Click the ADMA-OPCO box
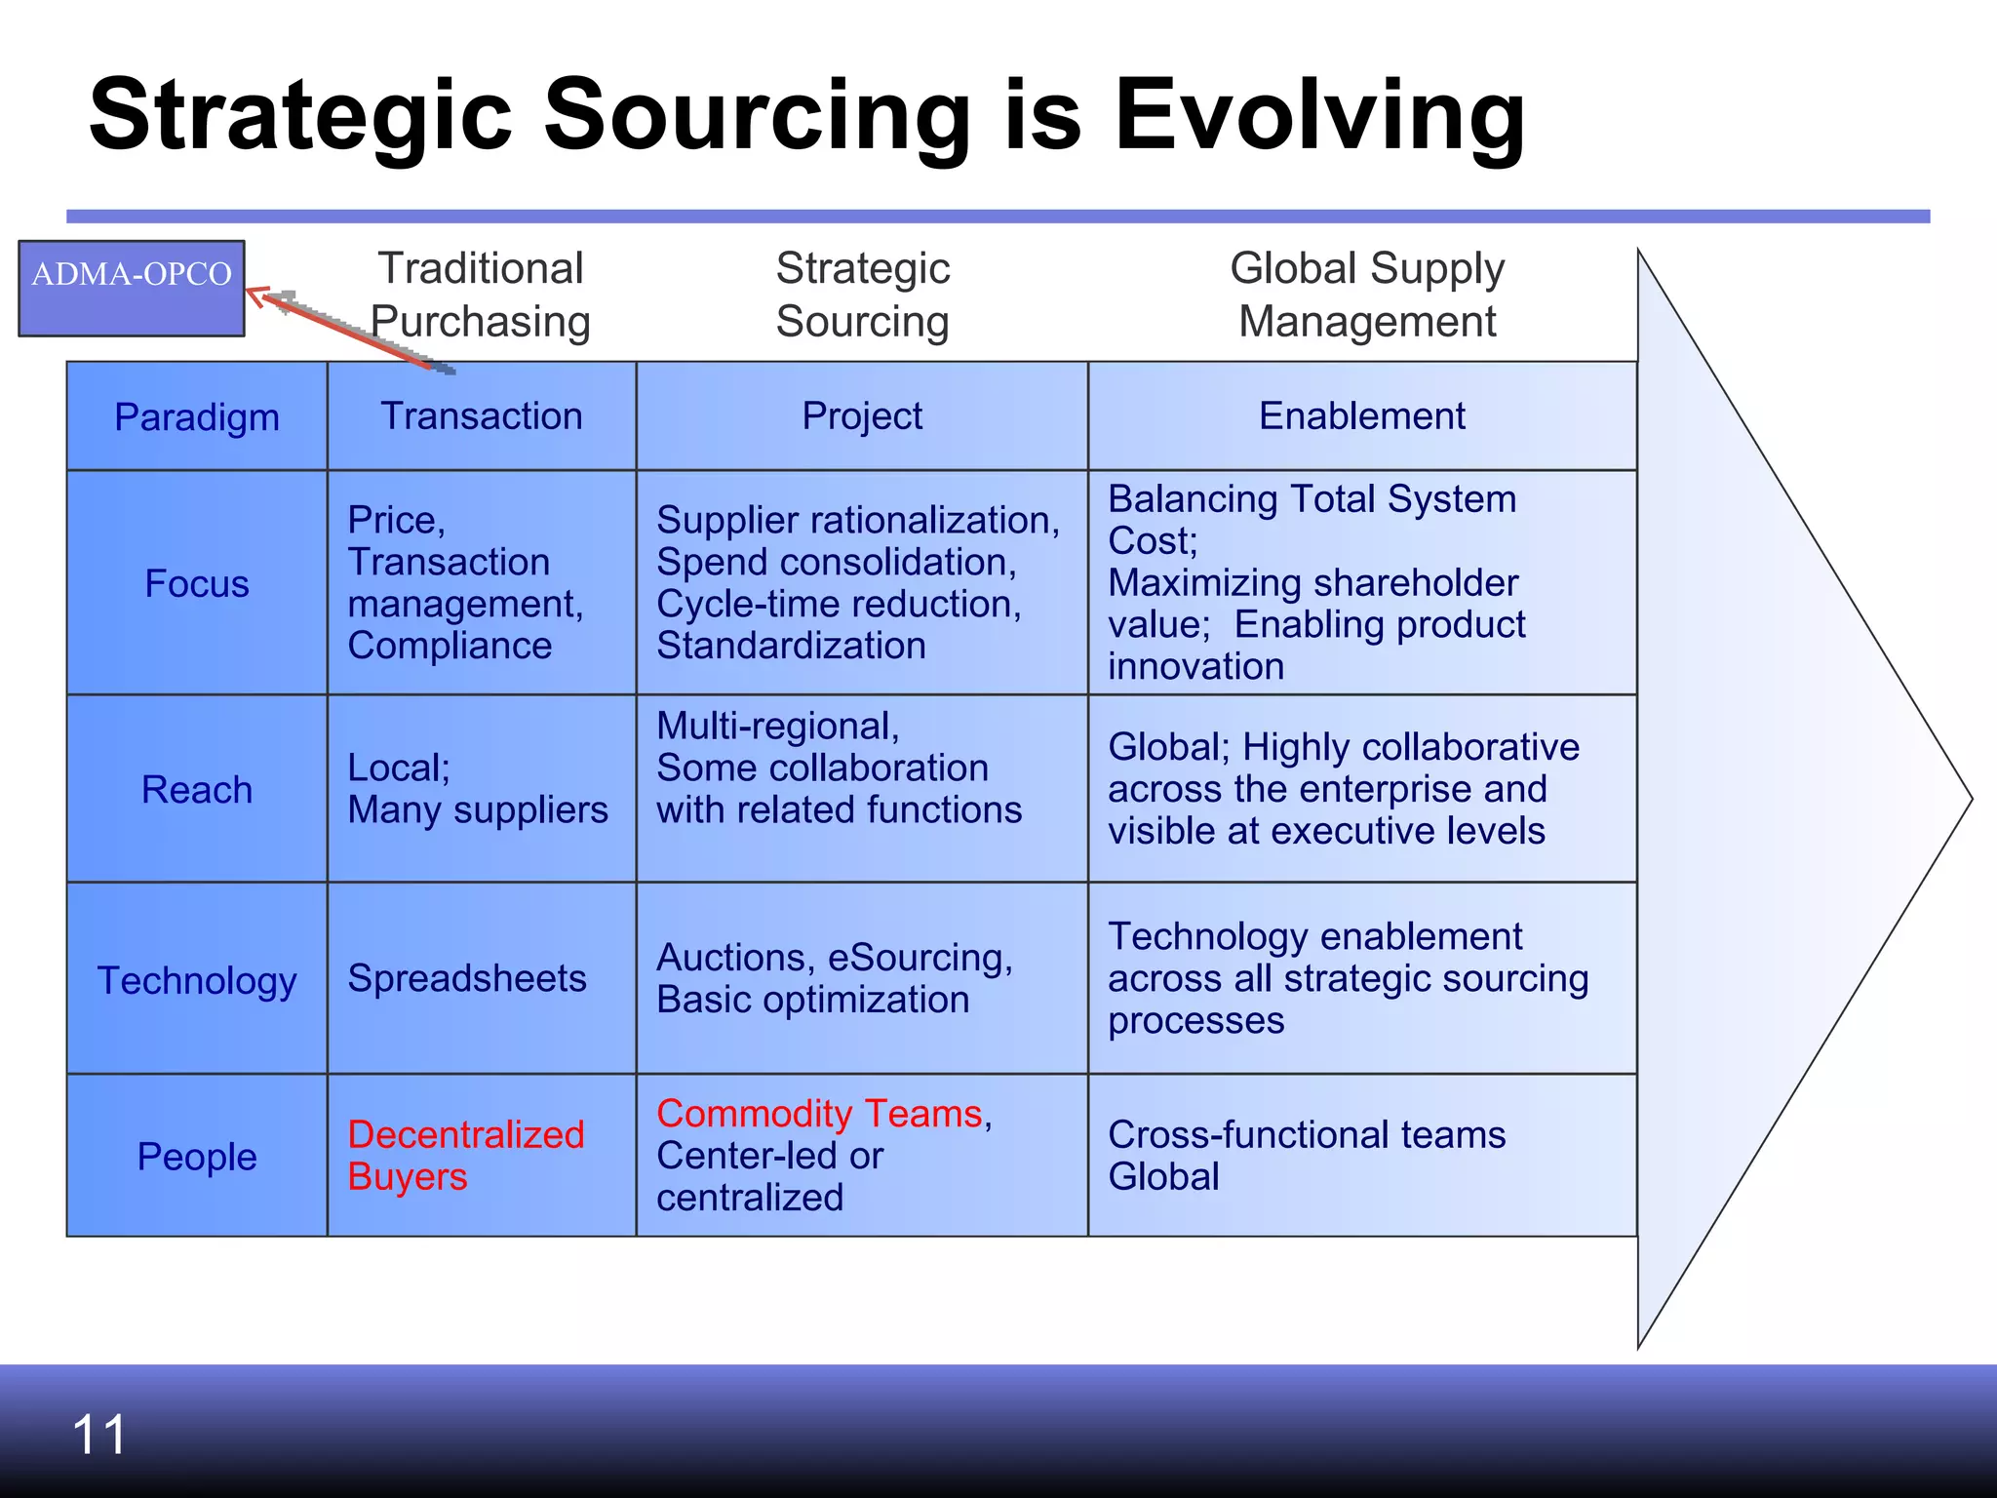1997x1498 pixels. tap(132, 288)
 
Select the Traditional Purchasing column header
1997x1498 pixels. tap(481, 295)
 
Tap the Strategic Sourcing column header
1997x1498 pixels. tap(863, 295)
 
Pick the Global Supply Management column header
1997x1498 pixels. tap(1367, 295)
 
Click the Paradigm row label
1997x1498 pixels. tap(197, 417)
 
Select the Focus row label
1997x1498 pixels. tap(197, 583)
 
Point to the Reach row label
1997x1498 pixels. tap(197, 790)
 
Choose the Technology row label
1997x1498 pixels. tap(197, 980)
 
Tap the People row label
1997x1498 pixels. tap(197, 1157)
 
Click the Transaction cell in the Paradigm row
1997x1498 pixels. tap(482, 416)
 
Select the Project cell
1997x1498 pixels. tap(862, 416)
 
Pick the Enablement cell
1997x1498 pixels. tap(1361, 416)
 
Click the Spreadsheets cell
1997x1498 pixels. tap(467, 978)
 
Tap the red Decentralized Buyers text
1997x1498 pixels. tap(465, 1156)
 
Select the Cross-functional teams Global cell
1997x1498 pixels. tap(1307, 1156)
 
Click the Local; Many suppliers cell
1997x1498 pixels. tap(478, 789)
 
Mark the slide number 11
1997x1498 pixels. tap(99, 1435)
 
